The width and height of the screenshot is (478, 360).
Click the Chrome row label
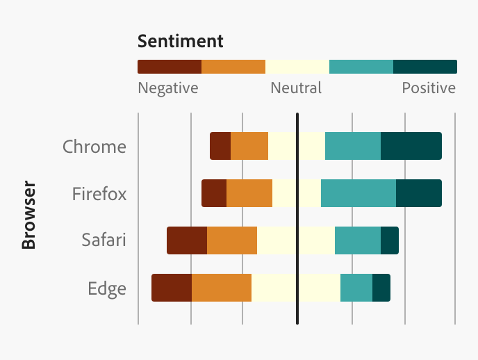(x=94, y=147)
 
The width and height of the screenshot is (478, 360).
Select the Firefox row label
(x=99, y=193)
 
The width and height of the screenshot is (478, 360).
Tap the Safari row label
(x=104, y=240)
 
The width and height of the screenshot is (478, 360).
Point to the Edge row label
(x=107, y=288)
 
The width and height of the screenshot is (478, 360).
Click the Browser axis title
(x=28, y=215)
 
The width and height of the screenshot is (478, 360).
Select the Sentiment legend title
(x=181, y=41)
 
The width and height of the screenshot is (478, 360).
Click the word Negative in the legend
(x=168, y=88)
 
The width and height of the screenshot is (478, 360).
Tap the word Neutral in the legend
(x=296, y=88)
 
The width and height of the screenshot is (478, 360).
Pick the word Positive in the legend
(x=429, y=88)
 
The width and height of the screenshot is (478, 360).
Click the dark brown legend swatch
(x=170, y=67)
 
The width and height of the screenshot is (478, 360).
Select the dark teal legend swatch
(x=425, y=67)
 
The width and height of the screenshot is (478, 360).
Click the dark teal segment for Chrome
(x=411, y=146)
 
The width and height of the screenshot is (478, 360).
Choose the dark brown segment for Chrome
(x=220, y=146)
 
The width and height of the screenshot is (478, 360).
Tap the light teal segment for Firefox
(x=358, y=193)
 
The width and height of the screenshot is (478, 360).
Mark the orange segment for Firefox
(x=249, y=193)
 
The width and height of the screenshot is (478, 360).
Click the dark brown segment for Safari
(x=187, y=240)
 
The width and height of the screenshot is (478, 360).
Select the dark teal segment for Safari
(x=389, y=240)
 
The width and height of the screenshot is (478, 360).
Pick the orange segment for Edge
(x=222, y=288)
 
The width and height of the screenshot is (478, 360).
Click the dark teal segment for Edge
(x=381, y=288)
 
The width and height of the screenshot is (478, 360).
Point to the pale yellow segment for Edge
(x=296, y=288)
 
